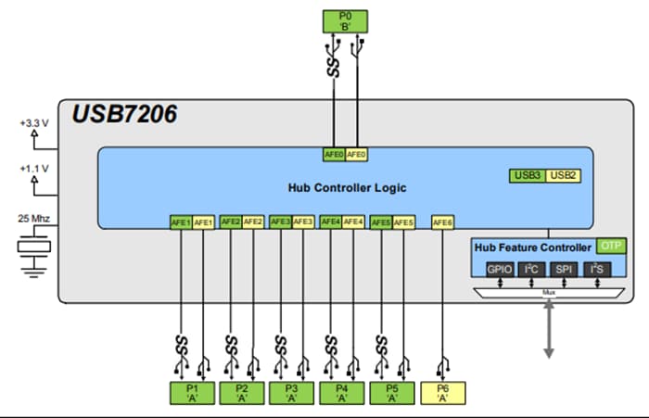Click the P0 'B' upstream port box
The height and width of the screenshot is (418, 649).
[x=346, y=20]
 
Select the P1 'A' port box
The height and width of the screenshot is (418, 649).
[x=192, y=392]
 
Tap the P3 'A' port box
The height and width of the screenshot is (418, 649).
[x=291, y=392]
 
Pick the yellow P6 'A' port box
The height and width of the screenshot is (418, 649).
[x=442, y=392]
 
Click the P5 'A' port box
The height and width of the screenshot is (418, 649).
[x=391, y=392]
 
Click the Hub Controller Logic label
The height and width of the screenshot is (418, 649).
[x=347, y=188]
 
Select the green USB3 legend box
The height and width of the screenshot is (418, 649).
[x=527, y=174]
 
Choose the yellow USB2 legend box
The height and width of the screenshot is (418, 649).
[x=563, y=174]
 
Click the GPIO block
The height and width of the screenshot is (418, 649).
[x=499, y=270]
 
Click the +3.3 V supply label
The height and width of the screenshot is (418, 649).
[x=36, y=123]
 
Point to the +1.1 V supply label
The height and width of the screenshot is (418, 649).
[x=36, y=171]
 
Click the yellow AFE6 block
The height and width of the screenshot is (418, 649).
[x=442, y=222]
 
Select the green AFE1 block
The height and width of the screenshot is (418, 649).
[x=181, y=222]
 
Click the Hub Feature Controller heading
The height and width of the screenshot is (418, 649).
[x=532, y=247]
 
